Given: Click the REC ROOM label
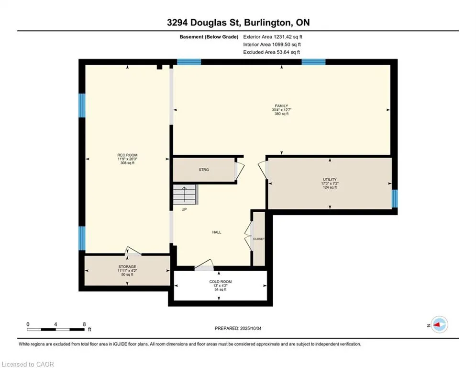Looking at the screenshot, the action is [x=127, y=155].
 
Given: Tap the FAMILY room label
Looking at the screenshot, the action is [x=281, y=106].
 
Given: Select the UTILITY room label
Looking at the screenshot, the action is [x=330, y=179].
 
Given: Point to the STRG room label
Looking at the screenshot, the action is [x=204, y=170].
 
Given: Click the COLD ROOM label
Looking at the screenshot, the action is [x=221, y=282].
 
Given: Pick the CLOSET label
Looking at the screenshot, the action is [x=259, y=239].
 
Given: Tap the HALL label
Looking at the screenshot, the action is [x=217, y=232].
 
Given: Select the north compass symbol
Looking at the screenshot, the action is [x=439, y=325].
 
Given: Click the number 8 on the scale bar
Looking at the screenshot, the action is [x=84, y=324].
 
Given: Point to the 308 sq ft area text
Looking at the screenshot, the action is [x=127, y=163].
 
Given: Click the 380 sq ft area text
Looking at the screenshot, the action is [x=281, y=114].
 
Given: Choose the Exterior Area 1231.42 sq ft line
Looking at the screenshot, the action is [x=273, y=37].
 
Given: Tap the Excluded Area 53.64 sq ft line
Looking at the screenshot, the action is [x=271, y=52].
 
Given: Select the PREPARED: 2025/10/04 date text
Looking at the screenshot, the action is [x=238, y=328].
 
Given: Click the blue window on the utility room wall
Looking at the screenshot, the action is [x=394, y=198].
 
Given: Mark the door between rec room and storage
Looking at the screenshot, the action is [x=133, y=251].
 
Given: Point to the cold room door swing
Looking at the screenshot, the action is [x=204, y=265].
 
